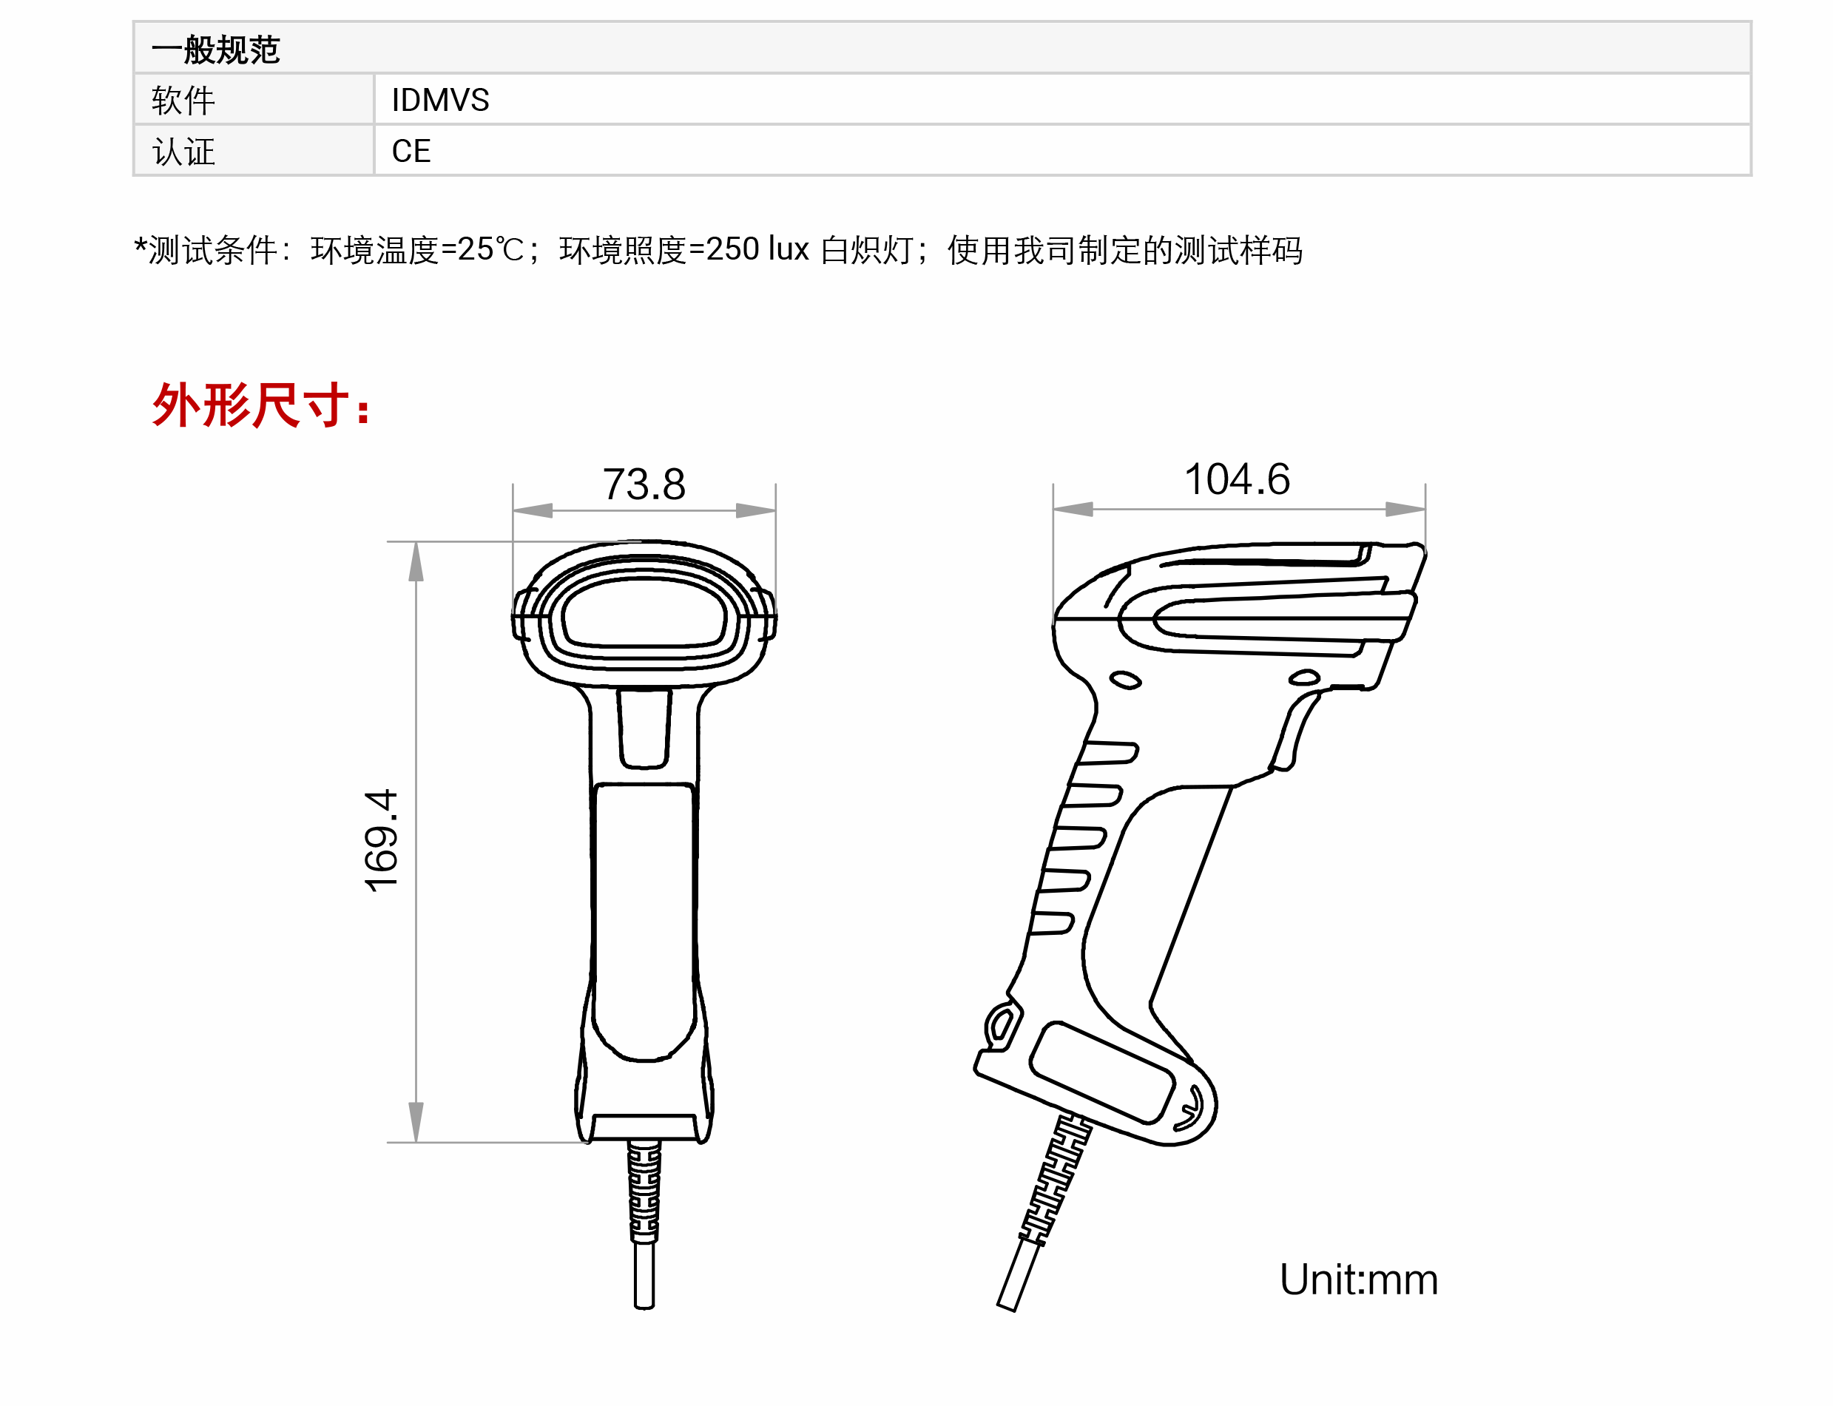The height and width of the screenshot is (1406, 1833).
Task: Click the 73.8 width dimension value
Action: (644, 484)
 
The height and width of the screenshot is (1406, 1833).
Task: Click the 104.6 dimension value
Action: (1236, 479)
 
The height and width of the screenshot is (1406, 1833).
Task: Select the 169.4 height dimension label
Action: (382, 840)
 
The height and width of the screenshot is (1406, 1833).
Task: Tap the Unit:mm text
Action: (1358, 1280)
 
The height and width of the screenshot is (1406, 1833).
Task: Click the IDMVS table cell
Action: (440, 101)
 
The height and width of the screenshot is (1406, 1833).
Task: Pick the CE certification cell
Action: (411, 152)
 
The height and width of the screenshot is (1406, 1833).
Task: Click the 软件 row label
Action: (183, 101)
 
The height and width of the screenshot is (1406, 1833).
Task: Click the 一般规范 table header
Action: (215, 50)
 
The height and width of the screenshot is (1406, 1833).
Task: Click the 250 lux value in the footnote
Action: (757, 249)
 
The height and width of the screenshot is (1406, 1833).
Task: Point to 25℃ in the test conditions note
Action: (490, 249)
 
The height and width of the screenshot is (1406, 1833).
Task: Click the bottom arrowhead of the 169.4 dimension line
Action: (416, 1121)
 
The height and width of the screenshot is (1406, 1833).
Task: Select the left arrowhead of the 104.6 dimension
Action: (1073, 509)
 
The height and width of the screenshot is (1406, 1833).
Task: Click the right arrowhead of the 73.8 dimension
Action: (756, 510)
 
